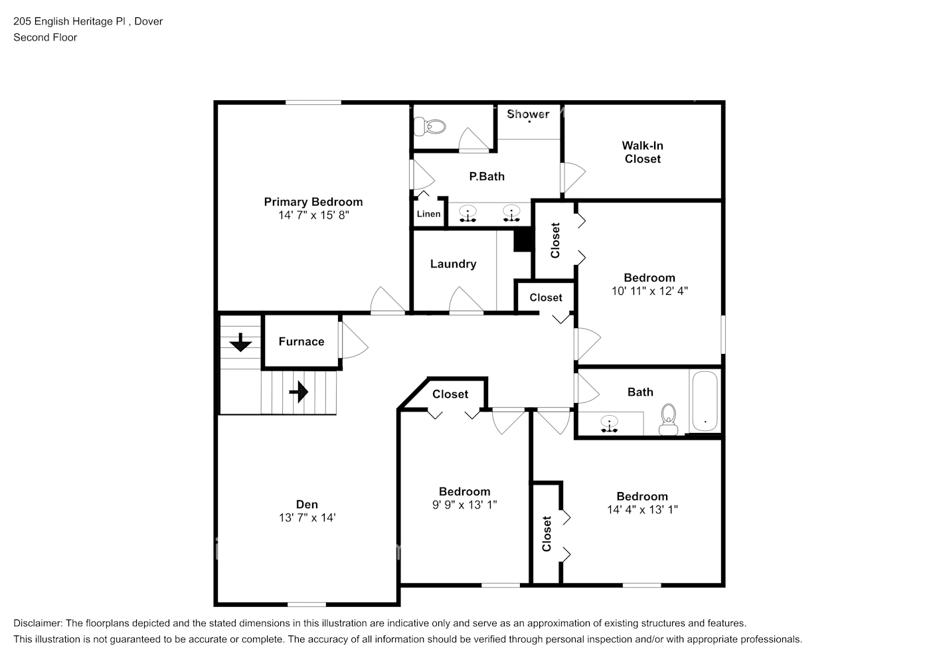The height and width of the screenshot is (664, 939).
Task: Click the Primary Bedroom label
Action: click(x=313, y=202)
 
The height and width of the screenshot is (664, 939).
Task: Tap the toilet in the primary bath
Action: click(x=428, y=125)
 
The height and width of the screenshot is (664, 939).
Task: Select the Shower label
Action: click(x=528, y=114)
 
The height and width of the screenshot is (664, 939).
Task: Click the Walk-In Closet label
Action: click(x=642, y=152)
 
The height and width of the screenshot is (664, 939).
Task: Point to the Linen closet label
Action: click(x=428, y=214)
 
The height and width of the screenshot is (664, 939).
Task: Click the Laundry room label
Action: click(x=453, y=264)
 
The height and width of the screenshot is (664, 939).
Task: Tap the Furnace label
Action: click(x=301, y=341)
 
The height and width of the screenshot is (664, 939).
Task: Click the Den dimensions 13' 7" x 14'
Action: click(x=307, y=518)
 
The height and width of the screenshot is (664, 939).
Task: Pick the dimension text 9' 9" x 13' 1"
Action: click(x=464, y=505)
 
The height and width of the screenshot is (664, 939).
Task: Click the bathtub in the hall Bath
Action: click(x=704, y=401)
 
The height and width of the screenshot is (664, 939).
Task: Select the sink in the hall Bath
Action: click(x=609, y=423)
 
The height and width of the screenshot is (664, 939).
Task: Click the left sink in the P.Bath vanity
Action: click(x=469, y=214)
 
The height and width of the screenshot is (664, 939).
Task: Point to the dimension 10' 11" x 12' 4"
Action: click(x=649, y=291)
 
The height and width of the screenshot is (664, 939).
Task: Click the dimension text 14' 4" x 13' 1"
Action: click(x=641, y=510)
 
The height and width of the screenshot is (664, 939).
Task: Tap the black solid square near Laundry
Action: click(x=523, y=240)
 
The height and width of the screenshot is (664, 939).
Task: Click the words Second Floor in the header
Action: click(x=45, y=37)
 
